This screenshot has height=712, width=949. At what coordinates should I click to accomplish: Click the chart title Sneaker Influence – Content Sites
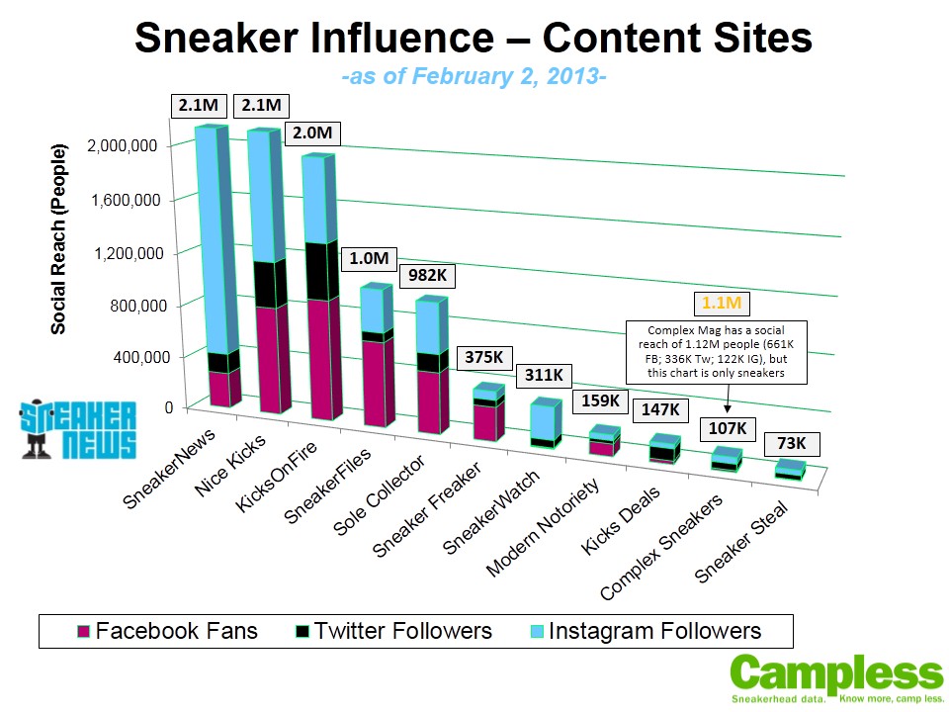tap(474, 39)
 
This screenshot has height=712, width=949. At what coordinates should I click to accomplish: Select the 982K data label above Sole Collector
tap(425, 275)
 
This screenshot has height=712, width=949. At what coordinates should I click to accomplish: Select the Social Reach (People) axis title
tap(59, 238)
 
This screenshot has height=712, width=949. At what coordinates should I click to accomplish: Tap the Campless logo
tap(836, 678)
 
